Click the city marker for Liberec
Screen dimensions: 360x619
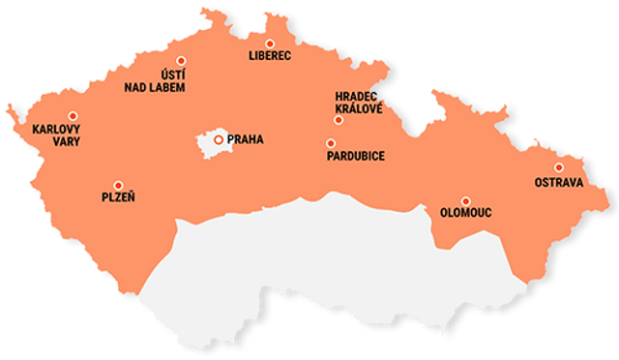coord(270,44)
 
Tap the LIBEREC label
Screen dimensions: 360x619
coord(270,56)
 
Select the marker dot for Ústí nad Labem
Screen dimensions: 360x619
coord(181,60)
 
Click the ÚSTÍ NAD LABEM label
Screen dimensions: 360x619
coord(155,81)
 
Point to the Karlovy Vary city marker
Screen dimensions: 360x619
coord(72,116)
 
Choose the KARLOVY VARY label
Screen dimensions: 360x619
coord(56,135)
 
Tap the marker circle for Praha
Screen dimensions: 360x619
coord(219,139)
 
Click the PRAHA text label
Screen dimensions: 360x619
coord(245,139)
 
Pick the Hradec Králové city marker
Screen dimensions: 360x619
coord(339,120)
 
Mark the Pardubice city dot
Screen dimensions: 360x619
coord(331,143)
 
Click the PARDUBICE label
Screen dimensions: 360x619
coord(356,156)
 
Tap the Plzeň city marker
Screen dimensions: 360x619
coord(118,185)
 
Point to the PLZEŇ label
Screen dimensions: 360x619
coord(118,198)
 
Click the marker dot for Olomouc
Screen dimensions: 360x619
coord(465,201)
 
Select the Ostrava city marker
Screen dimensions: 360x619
coord(558,167)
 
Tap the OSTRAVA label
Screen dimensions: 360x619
coord(559,182)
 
